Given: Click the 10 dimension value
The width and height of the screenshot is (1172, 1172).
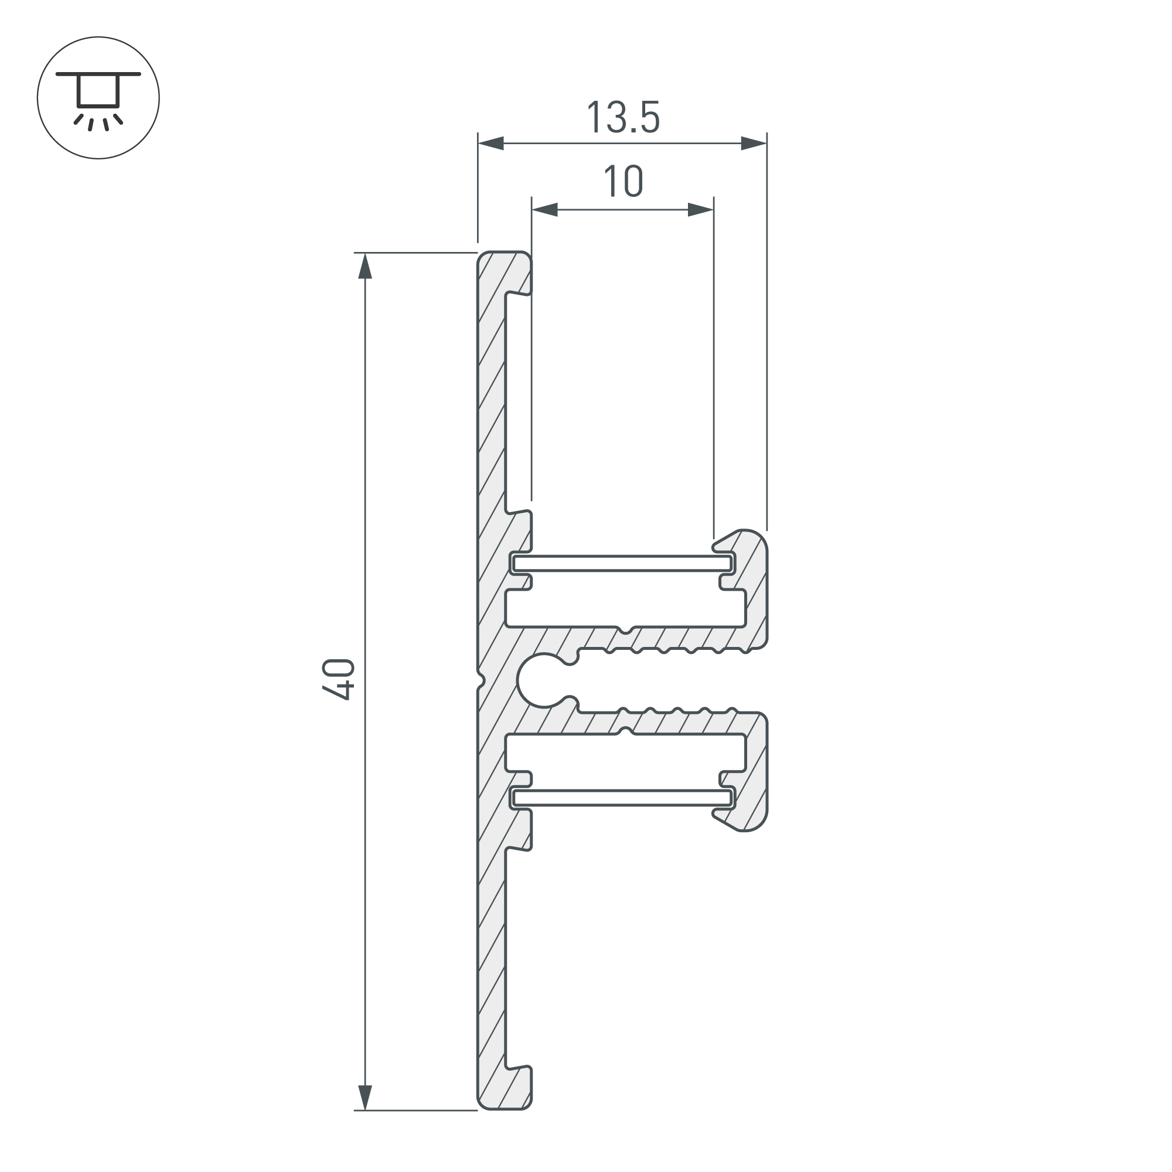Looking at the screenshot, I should coord(623,182).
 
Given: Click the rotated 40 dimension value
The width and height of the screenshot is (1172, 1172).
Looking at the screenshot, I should coord(339,679).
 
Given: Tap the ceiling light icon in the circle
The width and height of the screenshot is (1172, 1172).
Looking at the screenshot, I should coord(98,98).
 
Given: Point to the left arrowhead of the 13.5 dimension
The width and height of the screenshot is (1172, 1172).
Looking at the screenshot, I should coord(490,144).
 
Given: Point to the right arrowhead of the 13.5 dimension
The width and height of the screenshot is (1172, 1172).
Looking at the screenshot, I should coord(754,144).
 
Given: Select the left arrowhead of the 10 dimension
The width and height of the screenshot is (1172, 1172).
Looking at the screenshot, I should coord(545,210).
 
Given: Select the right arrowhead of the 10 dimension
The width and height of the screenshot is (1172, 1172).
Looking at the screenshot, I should coord(701,210).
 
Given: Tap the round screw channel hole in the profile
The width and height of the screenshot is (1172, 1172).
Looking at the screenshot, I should coord(540,680).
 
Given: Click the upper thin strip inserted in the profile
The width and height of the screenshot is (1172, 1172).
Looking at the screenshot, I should coord(622,564).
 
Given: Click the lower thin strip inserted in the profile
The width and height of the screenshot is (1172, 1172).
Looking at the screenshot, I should coord(622,798).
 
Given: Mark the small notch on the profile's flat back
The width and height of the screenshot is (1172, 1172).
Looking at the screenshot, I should coord(481,680).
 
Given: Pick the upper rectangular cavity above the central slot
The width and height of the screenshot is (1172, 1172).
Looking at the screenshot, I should coord(625,608).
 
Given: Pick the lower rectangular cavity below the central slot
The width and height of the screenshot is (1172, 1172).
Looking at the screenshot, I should coord(625,753).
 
